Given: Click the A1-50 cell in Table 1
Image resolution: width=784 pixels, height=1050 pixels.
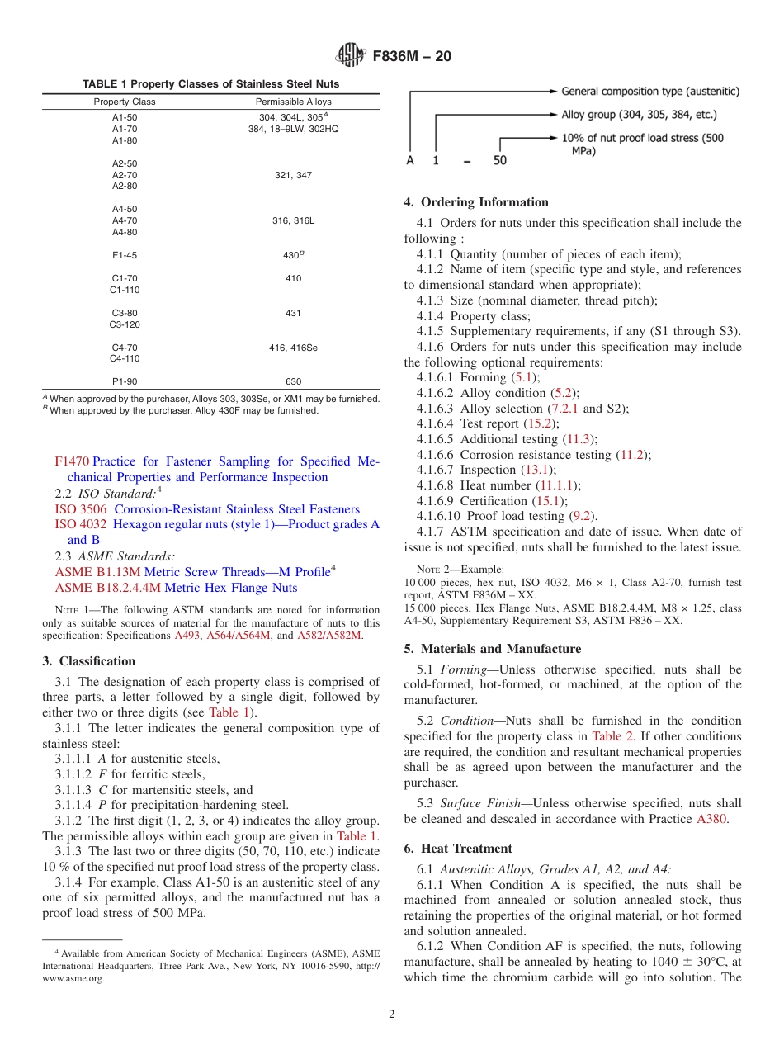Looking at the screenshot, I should (125, 117).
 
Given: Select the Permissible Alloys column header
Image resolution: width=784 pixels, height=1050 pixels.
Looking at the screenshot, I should (294, 102).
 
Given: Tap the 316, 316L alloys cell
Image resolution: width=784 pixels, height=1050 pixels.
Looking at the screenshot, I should (293, 221).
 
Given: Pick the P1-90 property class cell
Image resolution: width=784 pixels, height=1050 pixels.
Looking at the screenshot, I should (125, 381).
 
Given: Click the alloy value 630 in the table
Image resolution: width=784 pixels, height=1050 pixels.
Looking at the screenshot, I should (293, 381).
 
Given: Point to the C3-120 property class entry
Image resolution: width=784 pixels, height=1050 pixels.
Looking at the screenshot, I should (125, 324).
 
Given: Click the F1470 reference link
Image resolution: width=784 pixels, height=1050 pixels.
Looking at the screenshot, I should (72, 461).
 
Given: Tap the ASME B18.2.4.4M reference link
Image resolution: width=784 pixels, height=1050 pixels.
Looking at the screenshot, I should (107, 588).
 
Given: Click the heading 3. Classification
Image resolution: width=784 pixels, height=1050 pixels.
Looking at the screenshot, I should (88, 661).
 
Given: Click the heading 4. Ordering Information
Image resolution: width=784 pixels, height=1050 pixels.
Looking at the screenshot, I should (476, 202).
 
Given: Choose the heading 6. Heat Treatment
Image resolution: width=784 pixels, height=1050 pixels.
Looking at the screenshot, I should (458, 849).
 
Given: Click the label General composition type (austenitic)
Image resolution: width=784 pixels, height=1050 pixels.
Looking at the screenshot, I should (650, 91).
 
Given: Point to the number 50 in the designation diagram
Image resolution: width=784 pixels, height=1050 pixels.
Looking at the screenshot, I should (500, 160).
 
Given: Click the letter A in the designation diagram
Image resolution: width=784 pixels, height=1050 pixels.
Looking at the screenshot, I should (409, 160).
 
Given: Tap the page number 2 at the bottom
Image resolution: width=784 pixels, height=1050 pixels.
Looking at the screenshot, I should (392, 1015).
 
